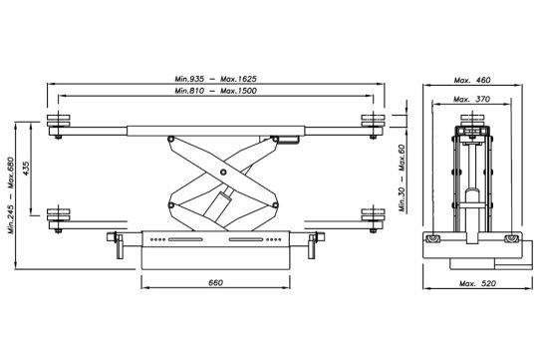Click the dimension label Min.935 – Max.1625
click(215, 79)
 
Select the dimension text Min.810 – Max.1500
click(215, 91)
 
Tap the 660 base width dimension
click(215, 283)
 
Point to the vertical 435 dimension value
click(26, 169)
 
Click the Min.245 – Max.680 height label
click(11, 195)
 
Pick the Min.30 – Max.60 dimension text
click(403, 178)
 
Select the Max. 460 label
click(472, 81)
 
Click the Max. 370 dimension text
click(471, 100)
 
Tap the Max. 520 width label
click(477, 283)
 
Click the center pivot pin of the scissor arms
click(223, 172)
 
